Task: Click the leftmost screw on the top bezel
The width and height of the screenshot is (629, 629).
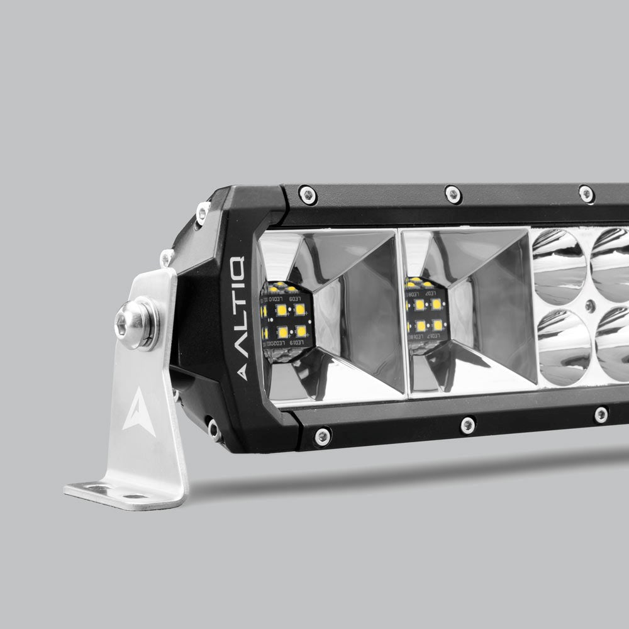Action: (x=308, y=195)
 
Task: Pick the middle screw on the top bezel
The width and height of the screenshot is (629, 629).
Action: (x=453, y=194)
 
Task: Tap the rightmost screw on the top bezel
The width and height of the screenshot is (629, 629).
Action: (x=586, y=194)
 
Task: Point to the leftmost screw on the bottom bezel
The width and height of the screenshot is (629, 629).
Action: (x=322, y=435)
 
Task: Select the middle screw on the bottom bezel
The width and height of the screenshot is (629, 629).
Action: (x=467, y=425)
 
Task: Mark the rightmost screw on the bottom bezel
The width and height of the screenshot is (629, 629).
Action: (x=601, y=415)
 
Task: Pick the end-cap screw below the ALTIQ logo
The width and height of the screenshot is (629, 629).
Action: (x=214, y=430)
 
